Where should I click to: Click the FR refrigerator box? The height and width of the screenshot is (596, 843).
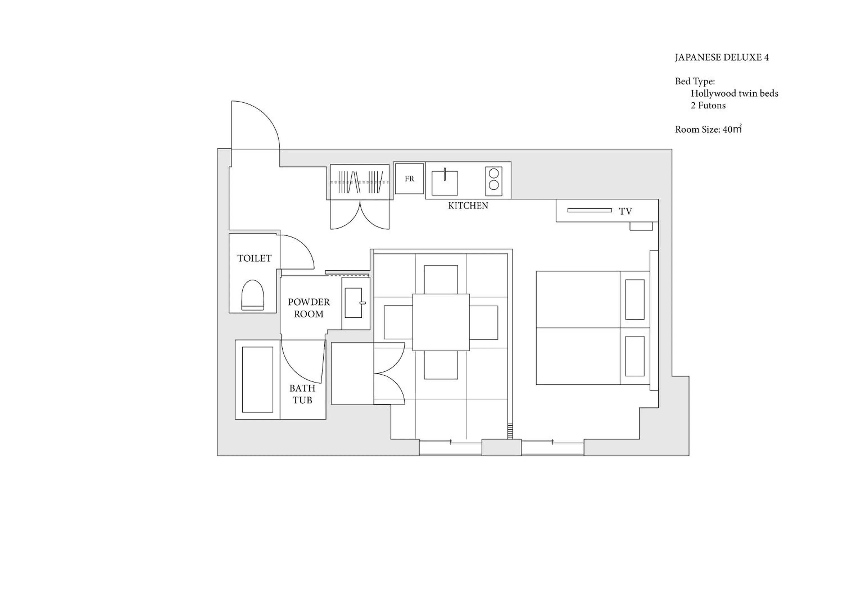click(409, 179)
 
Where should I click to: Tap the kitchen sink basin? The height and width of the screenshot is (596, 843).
click(444, 183)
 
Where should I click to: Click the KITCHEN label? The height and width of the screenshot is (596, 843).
click(468, 206)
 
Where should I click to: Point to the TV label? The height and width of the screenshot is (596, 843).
click(625, 211)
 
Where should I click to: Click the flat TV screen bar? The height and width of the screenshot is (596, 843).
click(589, 210)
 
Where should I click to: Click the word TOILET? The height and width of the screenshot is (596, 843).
click(254, 258)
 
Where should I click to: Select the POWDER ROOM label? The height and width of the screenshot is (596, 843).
click(309, 308)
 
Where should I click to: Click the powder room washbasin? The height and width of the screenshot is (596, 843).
click(353, 303)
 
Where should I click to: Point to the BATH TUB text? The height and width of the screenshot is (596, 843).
click(302, 394)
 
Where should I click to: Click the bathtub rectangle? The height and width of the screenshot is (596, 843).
click(257, 379)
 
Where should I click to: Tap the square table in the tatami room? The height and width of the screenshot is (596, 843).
click(441, 322)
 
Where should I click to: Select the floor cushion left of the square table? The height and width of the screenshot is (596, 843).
click(398, 322)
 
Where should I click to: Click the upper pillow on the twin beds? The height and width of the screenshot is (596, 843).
click(634, 299)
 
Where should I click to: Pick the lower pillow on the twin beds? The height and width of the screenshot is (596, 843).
click(634, 356)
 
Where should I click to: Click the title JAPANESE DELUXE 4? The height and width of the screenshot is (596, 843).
click(722, 58)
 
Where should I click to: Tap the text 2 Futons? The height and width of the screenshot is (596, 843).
click(708, 106)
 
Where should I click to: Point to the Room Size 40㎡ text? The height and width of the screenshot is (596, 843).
click(708, 129)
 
